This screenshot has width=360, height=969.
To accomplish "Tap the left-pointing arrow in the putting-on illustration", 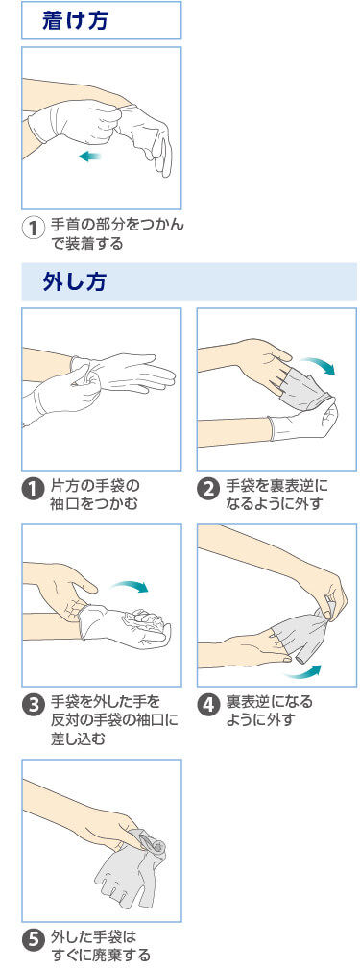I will (x=89, y=156).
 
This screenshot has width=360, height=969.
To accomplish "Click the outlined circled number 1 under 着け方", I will (x=33, y=229).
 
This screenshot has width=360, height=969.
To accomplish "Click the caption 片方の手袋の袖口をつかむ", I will (x=95, y=494).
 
